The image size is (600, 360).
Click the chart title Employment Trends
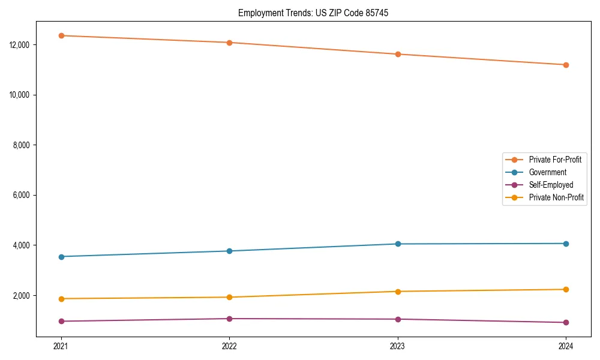(x=313, y=13)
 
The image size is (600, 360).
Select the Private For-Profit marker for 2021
(x=61, y=35)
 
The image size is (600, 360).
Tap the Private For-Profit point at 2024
(x=566, y=65)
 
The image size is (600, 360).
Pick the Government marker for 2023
(x=398, y=244)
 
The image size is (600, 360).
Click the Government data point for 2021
(x=61, y=257)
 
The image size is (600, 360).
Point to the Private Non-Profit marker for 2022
(x=229, y=297)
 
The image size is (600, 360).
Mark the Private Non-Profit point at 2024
(x=566, y=289)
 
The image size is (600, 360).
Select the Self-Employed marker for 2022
(x=229, y=319)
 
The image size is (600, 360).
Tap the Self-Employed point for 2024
(x=566, y=322)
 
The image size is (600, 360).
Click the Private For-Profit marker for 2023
(x=398, y=54)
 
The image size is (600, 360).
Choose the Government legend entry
(x=547, y=172)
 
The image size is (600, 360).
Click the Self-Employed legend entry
(x=551, y=185)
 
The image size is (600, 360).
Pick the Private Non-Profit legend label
(x=556, y=197)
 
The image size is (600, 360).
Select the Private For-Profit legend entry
(x=555, y=160)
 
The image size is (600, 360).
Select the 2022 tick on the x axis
(x=229, y=346)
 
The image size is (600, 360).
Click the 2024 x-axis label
(x=566, y=346)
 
